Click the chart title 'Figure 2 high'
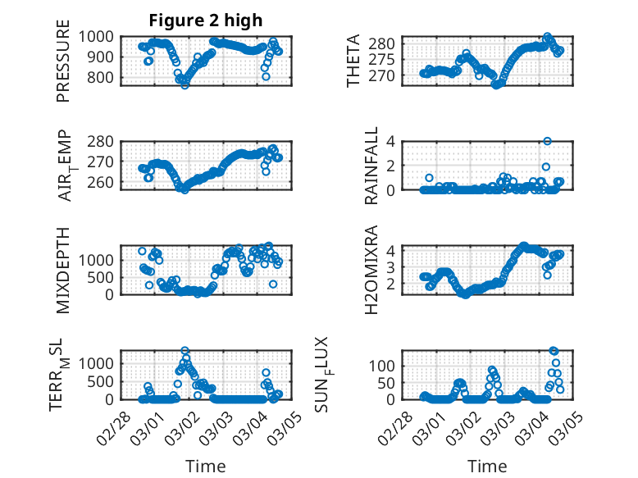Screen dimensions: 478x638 click(206, 20)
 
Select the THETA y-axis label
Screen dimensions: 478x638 click(354, 61)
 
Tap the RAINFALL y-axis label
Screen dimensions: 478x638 click(371, 166)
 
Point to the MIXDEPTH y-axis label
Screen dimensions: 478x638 click(63, 270)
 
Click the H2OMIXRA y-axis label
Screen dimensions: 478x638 click(371, 270)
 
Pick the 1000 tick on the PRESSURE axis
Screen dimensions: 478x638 click(99, 36)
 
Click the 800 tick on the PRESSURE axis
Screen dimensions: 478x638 click(103, 78)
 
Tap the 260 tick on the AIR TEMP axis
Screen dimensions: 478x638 click(103, 182)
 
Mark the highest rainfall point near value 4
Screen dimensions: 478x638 click(547, 141)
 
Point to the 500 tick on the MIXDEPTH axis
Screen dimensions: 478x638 click(103, 277)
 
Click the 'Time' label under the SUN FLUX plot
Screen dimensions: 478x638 click(487, 466)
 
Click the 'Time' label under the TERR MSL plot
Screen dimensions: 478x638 click(205, 466)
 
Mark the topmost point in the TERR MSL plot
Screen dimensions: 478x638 click(185, 351)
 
